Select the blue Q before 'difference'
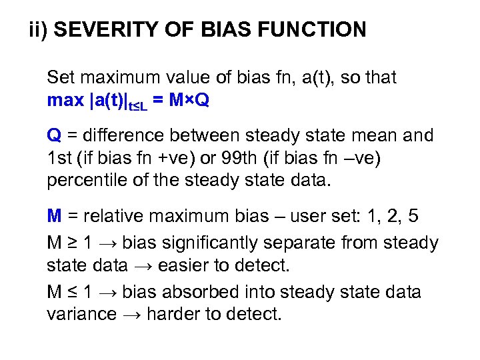click(53, 136)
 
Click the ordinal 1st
click(59, 159)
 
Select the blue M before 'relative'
click(54, 217)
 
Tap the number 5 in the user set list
click(413, 217)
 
